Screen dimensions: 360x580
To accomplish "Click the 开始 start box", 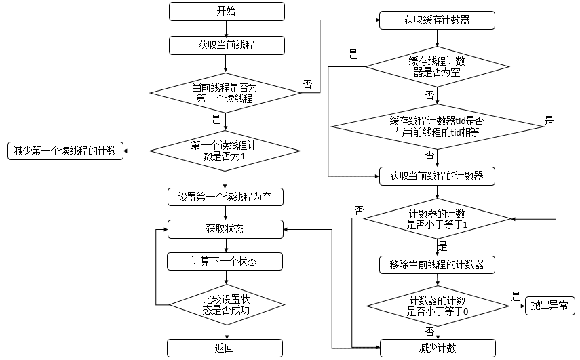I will pyautogui.click(x=226, y=12).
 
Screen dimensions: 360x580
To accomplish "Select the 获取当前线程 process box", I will pyautogui.click(x=226, y=45).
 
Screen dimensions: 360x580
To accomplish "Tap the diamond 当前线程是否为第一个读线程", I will pyautogui.click(x=225, y=93).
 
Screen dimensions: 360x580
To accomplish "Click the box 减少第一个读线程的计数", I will pyautogui.click(x=66, y=151).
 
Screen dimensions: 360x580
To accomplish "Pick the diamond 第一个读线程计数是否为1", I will pyautogui.click(x=225, y=150).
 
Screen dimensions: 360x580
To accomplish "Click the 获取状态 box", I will pyautogui.click(x=225, y=229).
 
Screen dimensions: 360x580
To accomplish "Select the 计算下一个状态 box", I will pyautogui.click(x=225, y=261).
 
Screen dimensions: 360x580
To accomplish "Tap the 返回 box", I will pyautogui.click(x=225, y=348).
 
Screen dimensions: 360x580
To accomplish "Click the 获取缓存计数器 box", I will pyautogui.click(x=438, y=20).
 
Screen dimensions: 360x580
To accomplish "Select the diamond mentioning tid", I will pyautogui.click(x=438, y=126).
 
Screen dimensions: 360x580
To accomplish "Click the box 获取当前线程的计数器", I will pyautogui.click(x=438, y=176).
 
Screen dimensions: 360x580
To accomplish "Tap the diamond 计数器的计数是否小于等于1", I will pyautogui.click(x=438, y=219).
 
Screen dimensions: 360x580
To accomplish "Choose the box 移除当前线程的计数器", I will pyautogui.click(x=438, y=264).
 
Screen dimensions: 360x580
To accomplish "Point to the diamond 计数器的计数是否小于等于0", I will pyautogui.click(x=438, y=305).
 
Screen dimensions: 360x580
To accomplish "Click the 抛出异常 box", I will pyautogui.click(x=550, y=306).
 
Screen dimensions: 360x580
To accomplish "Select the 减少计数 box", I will pyautogui.click(x=438, y=348).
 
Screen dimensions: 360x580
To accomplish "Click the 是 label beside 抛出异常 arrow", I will pyautogui.click(x=516, y=297).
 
